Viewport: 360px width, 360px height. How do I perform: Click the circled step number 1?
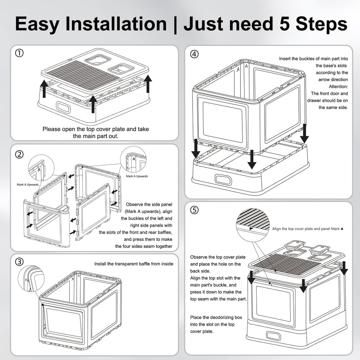coord(19,54)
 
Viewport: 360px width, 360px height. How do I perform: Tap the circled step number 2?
coord(19,155)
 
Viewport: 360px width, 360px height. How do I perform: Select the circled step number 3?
coord(19,262)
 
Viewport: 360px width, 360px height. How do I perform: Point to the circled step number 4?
coord(194,54)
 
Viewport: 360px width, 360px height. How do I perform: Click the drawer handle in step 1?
coord(63,107)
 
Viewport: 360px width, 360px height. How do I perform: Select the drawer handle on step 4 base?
coord(223,179)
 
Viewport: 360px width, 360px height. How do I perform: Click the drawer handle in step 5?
coord(274,335)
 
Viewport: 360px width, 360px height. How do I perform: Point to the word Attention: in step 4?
coord(338,87)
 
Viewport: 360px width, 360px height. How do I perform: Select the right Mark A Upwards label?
coord(137,176)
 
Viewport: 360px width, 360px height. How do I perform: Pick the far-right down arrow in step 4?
coord(305,133)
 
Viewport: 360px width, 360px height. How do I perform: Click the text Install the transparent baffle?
coord(134,264)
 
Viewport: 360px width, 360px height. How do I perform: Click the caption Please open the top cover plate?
coord(95,129)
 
